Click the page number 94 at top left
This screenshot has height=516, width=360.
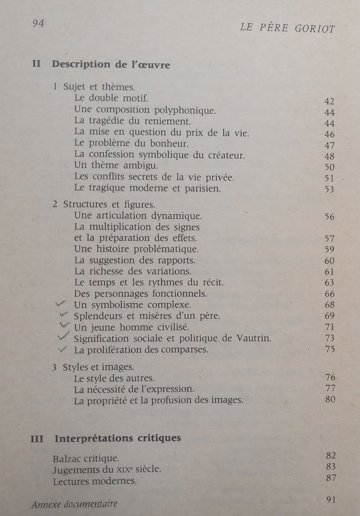(38, 23)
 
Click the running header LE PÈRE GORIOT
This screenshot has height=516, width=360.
(287, 28)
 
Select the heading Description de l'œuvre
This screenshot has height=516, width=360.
(111, 64)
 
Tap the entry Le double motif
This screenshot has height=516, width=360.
(111, 98)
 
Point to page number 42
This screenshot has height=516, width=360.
(330, 101)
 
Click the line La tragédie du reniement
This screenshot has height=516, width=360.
(132, 121)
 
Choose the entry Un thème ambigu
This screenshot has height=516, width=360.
(116, 166)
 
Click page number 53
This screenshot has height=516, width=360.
(330, 189)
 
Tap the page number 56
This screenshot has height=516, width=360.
(330, 217)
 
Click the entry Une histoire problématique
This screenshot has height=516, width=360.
(136, 249)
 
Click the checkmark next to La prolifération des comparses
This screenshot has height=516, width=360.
(63, 349)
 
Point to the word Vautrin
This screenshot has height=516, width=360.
(255, 338)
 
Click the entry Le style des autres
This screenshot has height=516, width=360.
(114, 378)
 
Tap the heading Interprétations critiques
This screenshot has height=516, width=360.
(117, 438)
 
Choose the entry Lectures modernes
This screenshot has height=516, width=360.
(95, 481)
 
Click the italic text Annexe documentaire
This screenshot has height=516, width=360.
(74, 504)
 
